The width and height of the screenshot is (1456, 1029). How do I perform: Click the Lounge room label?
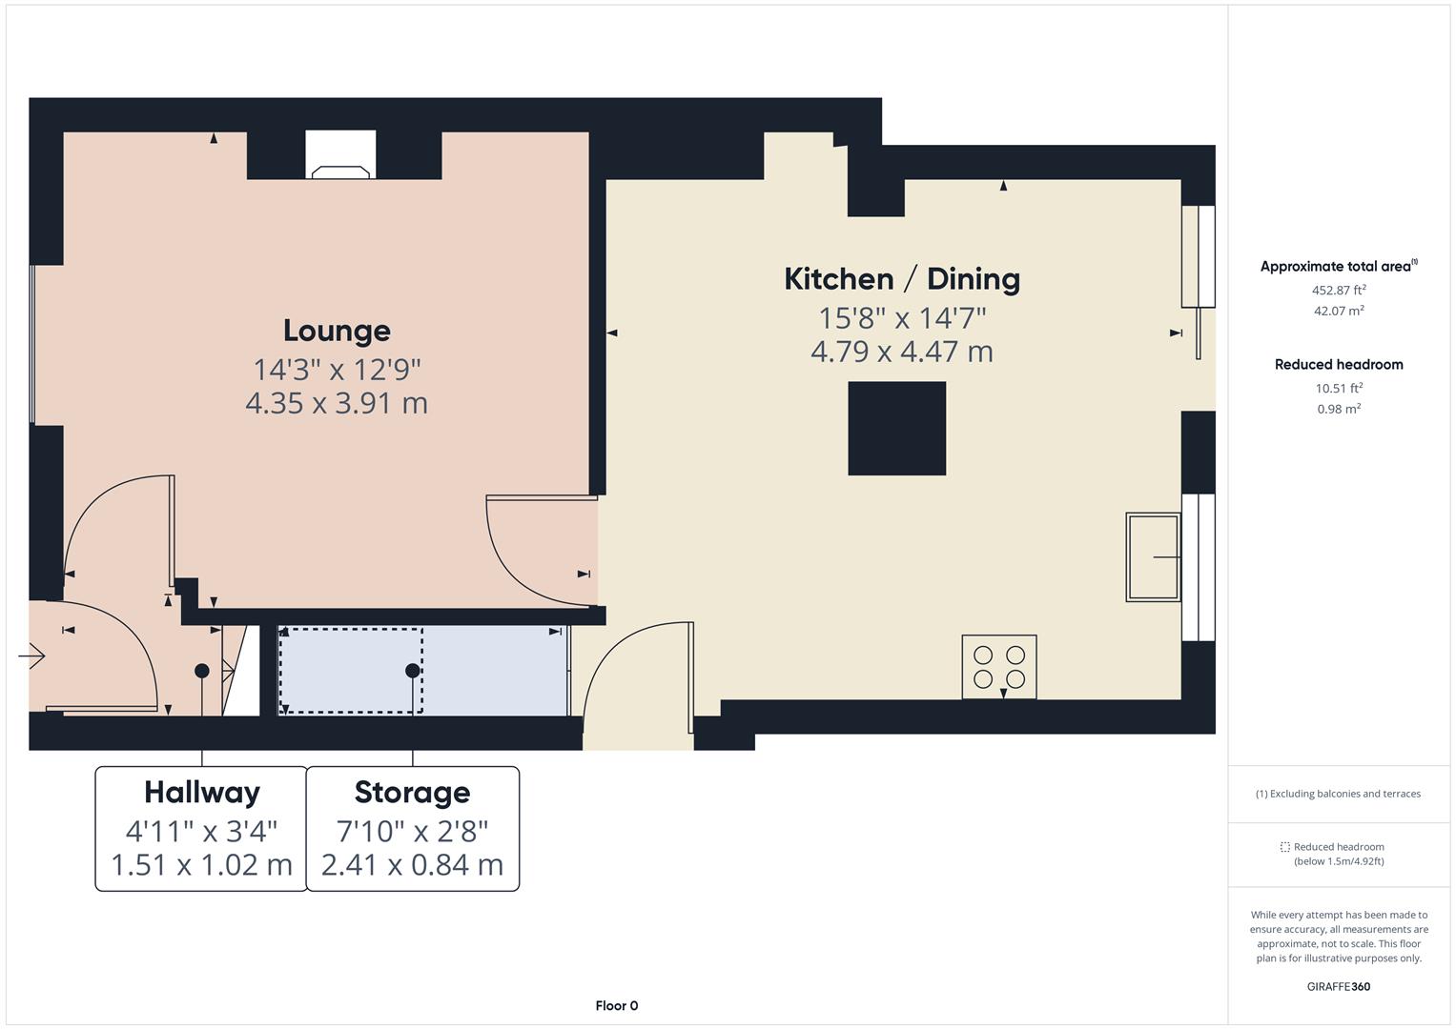pos(337,331)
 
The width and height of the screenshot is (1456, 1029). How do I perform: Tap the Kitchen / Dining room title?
pos(901,279)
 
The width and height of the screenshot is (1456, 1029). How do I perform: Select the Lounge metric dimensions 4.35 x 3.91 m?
pos(337,403)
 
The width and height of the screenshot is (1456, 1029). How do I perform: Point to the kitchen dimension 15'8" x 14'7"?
pos(901,316)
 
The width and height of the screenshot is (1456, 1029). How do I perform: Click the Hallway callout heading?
pos(201,793)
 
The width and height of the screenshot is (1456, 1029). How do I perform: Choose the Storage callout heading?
pos(412,793)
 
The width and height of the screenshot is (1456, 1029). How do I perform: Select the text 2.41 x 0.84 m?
pos(412,865)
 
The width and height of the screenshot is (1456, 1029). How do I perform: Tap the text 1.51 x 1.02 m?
pos(201,865)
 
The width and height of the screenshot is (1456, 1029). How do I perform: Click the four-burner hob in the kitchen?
pos(998,666)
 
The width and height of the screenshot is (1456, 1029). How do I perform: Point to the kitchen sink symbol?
pos(1153,556)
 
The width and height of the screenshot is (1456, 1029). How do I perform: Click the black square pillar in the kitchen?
pos(896,428)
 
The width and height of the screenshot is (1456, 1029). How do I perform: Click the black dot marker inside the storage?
pos(412,671)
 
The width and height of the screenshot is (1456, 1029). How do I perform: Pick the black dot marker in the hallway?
pos(201,671)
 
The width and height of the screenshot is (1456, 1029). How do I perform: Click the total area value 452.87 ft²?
pos(1338,290)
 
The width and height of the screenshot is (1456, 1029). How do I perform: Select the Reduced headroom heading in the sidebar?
pos(1338,364)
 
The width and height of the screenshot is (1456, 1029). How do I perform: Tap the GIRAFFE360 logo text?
pos(1338,986)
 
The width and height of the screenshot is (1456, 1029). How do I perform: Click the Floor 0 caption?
pos(616,1005)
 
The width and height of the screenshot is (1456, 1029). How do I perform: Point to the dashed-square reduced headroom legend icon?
pos(1284,846)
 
